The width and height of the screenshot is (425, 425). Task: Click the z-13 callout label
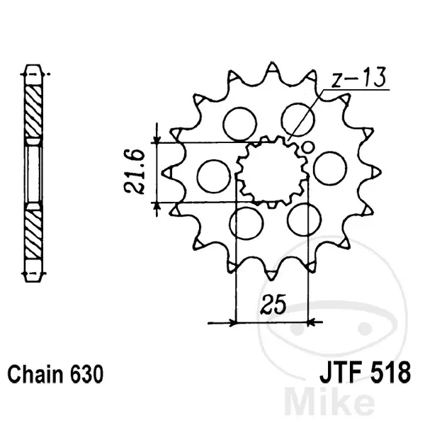click(x=359, y=77)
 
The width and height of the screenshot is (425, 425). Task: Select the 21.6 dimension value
click(x=134, y=172)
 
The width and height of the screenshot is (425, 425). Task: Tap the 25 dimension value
click(x=273, y=304)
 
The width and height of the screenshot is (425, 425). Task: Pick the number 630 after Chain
click(x=86, y=374)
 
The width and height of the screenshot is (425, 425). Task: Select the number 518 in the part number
click(x=393, y=373)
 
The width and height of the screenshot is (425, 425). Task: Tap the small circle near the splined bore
click(x=307, y=148)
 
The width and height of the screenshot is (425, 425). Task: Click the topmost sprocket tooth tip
click(x=272, y=63)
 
